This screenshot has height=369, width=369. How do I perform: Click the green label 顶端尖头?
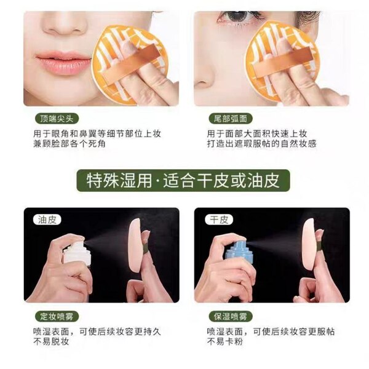pyautogui.click(x=57, y=118)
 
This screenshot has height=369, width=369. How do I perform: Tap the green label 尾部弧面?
pyautogui.click(x=231, y=118)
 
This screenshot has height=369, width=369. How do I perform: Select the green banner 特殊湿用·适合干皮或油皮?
pyautogui.click(x=183, y=180)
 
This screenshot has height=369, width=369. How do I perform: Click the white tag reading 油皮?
pyautogui.click(x=47, y=220)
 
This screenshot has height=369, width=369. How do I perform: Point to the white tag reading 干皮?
pyautogui.click(x=219, y=220)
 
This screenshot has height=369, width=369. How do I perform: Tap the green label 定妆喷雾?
pyautogui.click(x=57, y=317)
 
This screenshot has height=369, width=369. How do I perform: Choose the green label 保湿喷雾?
pyautogui.click(x=231, y=317)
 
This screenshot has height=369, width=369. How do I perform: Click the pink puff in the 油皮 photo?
pyautogui.click(x=135, y=247)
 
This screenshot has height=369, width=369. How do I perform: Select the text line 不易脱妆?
pyautogui.click(x=51, y=341)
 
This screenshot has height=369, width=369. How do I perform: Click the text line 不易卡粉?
pyautogui.click(x=224, y=341)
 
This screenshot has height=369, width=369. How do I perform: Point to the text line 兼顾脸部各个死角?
pyautogui.click(x=69, y=143)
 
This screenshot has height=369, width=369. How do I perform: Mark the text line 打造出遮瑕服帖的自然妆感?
pyautogui.click(x=262, y=143)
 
